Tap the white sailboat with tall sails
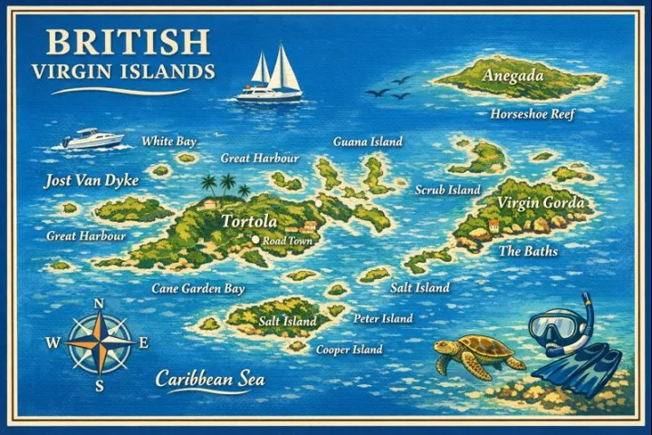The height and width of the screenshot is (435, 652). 270,77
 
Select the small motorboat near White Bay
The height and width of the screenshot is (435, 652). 91,139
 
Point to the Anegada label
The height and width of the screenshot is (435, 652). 513,75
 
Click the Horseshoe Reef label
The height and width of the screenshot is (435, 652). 532,115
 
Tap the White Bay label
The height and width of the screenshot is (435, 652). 168,141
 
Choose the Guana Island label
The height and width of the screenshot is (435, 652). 368,142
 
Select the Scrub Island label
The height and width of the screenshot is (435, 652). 447,190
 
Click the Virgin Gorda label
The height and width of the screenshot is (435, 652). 541,203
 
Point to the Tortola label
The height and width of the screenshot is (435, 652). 249,221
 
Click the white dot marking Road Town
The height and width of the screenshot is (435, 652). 255,240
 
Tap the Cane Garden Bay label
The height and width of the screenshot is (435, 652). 198,289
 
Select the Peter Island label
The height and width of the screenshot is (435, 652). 383,319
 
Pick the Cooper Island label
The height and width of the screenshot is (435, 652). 349,350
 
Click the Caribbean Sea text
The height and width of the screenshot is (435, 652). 210,378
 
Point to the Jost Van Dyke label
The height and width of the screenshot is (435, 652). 91,181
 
